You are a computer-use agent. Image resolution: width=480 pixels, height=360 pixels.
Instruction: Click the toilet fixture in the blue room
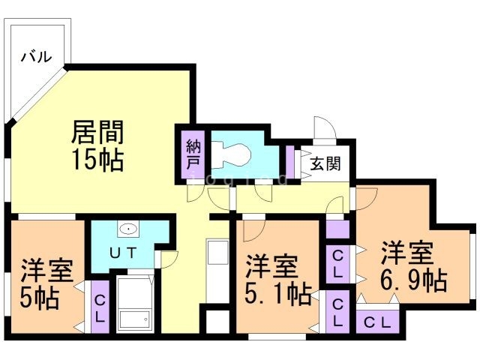231,154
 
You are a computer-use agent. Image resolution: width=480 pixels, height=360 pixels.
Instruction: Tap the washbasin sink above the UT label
128,228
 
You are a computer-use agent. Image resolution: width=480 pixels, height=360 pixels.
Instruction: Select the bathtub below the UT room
135,304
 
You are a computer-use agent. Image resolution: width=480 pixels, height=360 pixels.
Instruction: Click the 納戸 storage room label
193,154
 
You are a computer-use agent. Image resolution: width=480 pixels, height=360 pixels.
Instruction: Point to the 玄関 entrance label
325,163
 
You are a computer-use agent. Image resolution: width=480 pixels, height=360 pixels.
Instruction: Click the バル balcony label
36,57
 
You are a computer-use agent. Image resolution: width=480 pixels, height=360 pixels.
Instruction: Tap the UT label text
123,253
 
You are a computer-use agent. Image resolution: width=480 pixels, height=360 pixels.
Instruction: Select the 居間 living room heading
97,132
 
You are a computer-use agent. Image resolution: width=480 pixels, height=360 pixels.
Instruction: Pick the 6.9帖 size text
414,280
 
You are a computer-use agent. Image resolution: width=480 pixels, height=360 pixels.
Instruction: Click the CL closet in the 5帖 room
100,307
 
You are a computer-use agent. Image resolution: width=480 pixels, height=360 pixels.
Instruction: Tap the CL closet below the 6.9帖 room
378,322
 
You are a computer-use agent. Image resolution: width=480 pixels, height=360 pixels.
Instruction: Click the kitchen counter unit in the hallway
217,271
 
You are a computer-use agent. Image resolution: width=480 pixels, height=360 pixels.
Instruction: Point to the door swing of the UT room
168,259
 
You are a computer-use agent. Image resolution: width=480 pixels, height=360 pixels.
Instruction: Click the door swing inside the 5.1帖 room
253,230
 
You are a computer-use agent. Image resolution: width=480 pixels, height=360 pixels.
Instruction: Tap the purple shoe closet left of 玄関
290,162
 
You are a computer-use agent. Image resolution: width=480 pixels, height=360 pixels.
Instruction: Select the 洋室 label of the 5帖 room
47,270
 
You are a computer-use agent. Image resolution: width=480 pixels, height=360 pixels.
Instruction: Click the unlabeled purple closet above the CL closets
337,229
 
